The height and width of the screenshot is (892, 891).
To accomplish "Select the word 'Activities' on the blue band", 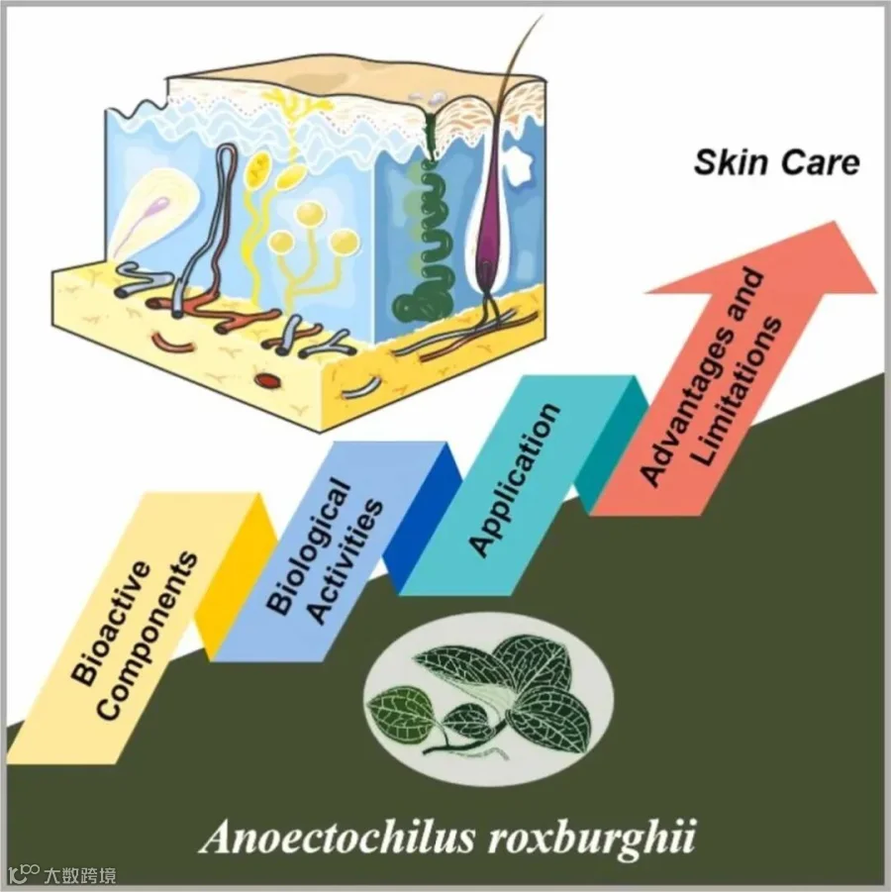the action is (x=344, y=561).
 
